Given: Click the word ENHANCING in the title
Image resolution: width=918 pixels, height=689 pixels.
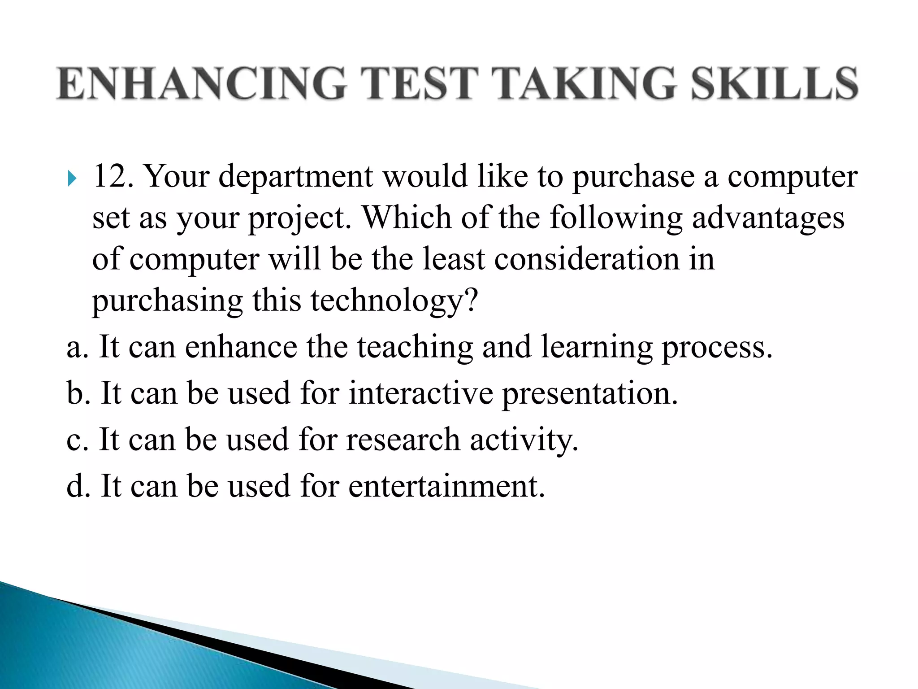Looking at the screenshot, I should pyautogui.click(x=201, y=83).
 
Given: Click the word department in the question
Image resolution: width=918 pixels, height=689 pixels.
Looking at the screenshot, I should pyautogui.click(x=296, y=177).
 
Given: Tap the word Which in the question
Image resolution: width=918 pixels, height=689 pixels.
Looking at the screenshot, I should pyautogui.click(x=407, y=217).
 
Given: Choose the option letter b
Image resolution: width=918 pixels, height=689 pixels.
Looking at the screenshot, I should pyautogui.click(x=75, y=393).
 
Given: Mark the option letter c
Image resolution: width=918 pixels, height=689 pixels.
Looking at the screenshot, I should pyautogui.click(x=74, y=440).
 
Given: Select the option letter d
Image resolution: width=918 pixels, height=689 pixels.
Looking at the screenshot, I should pyautogui.click(x=75, y=486).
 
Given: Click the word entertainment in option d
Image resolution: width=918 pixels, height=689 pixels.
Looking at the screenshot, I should pyautogui.click(x=446, y=486).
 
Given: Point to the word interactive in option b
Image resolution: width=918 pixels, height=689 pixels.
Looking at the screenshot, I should pyautogui.click(x=421, y=393).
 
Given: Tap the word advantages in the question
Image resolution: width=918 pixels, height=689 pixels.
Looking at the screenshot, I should pyautogui.click(x=768, y=218).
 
